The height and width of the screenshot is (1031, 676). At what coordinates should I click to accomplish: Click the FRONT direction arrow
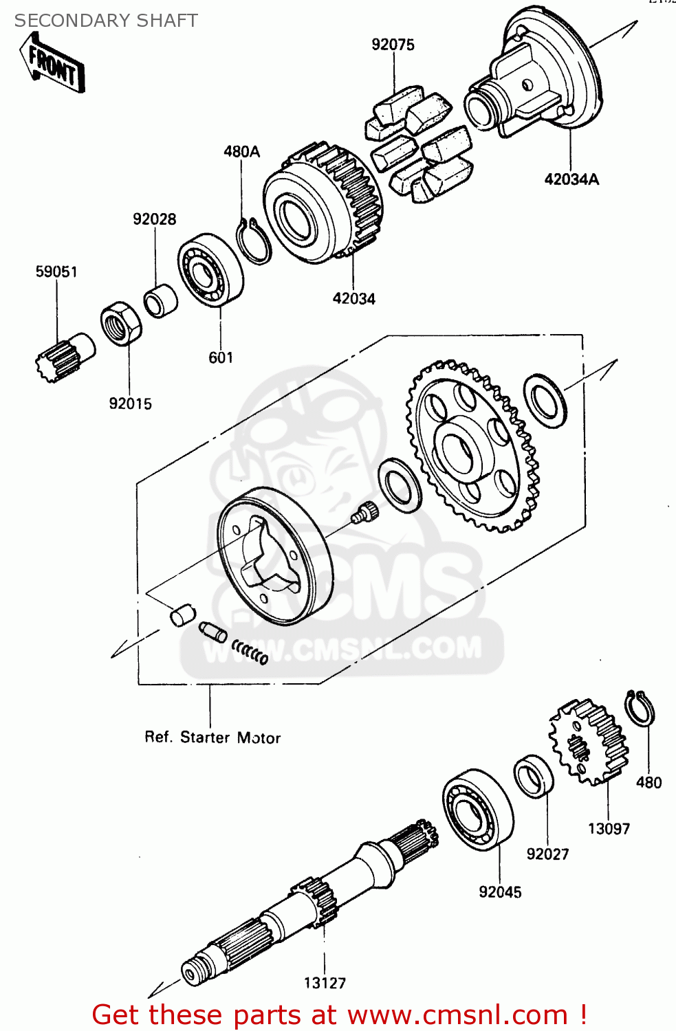53,64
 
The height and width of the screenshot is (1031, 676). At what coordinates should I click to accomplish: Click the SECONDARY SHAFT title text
106,21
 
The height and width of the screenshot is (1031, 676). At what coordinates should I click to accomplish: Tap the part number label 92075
393,45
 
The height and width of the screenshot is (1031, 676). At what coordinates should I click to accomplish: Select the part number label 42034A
571,179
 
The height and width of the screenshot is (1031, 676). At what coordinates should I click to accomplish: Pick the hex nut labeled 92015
122,323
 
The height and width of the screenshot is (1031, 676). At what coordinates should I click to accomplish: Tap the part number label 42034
353,299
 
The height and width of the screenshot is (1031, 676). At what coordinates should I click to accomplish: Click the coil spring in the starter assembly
250,651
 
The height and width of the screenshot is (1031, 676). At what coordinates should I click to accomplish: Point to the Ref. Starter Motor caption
212,738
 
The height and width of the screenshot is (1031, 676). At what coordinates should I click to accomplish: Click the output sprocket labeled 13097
589,742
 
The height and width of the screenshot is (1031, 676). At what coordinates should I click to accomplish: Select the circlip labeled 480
640,707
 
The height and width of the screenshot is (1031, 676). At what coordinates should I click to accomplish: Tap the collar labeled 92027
534,777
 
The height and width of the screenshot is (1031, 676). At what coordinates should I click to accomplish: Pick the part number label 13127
325,983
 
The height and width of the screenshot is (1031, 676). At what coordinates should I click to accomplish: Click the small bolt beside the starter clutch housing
365,512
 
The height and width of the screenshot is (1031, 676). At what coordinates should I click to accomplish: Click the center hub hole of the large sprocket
457,450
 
